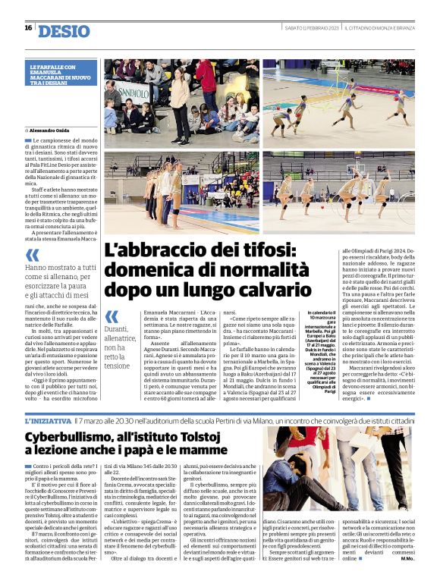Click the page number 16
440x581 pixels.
click(28, 28)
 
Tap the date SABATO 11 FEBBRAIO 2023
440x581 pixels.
click(307, 28)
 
